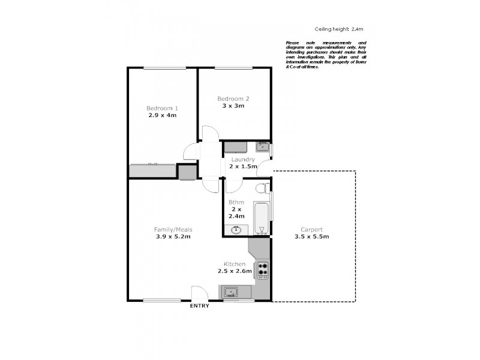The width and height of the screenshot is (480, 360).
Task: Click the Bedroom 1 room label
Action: (162, 108)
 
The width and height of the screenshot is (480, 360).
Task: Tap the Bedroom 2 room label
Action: (233, 98)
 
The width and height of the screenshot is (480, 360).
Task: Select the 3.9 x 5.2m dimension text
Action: (173, 236)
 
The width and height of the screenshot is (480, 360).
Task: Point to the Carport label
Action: (312, 229)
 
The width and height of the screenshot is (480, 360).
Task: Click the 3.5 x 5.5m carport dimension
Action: (312, 236)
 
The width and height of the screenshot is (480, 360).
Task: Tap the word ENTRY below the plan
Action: (200, 306)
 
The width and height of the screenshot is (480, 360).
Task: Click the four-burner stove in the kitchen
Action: (262, 270)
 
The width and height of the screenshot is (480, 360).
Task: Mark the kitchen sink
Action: (230, 292)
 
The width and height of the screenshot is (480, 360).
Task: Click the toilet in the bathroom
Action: (262, 188)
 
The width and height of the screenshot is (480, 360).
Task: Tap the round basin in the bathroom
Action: (236, 229)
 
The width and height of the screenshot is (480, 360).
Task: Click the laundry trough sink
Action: (262, 146)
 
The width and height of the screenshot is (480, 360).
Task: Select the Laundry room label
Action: (243, 160)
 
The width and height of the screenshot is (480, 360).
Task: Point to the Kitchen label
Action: (234, 264)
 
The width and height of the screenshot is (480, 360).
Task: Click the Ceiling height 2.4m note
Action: (340, 29)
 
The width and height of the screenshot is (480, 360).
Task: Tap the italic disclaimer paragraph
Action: (326, 55)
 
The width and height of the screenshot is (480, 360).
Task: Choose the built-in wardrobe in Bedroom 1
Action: (152, 171)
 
